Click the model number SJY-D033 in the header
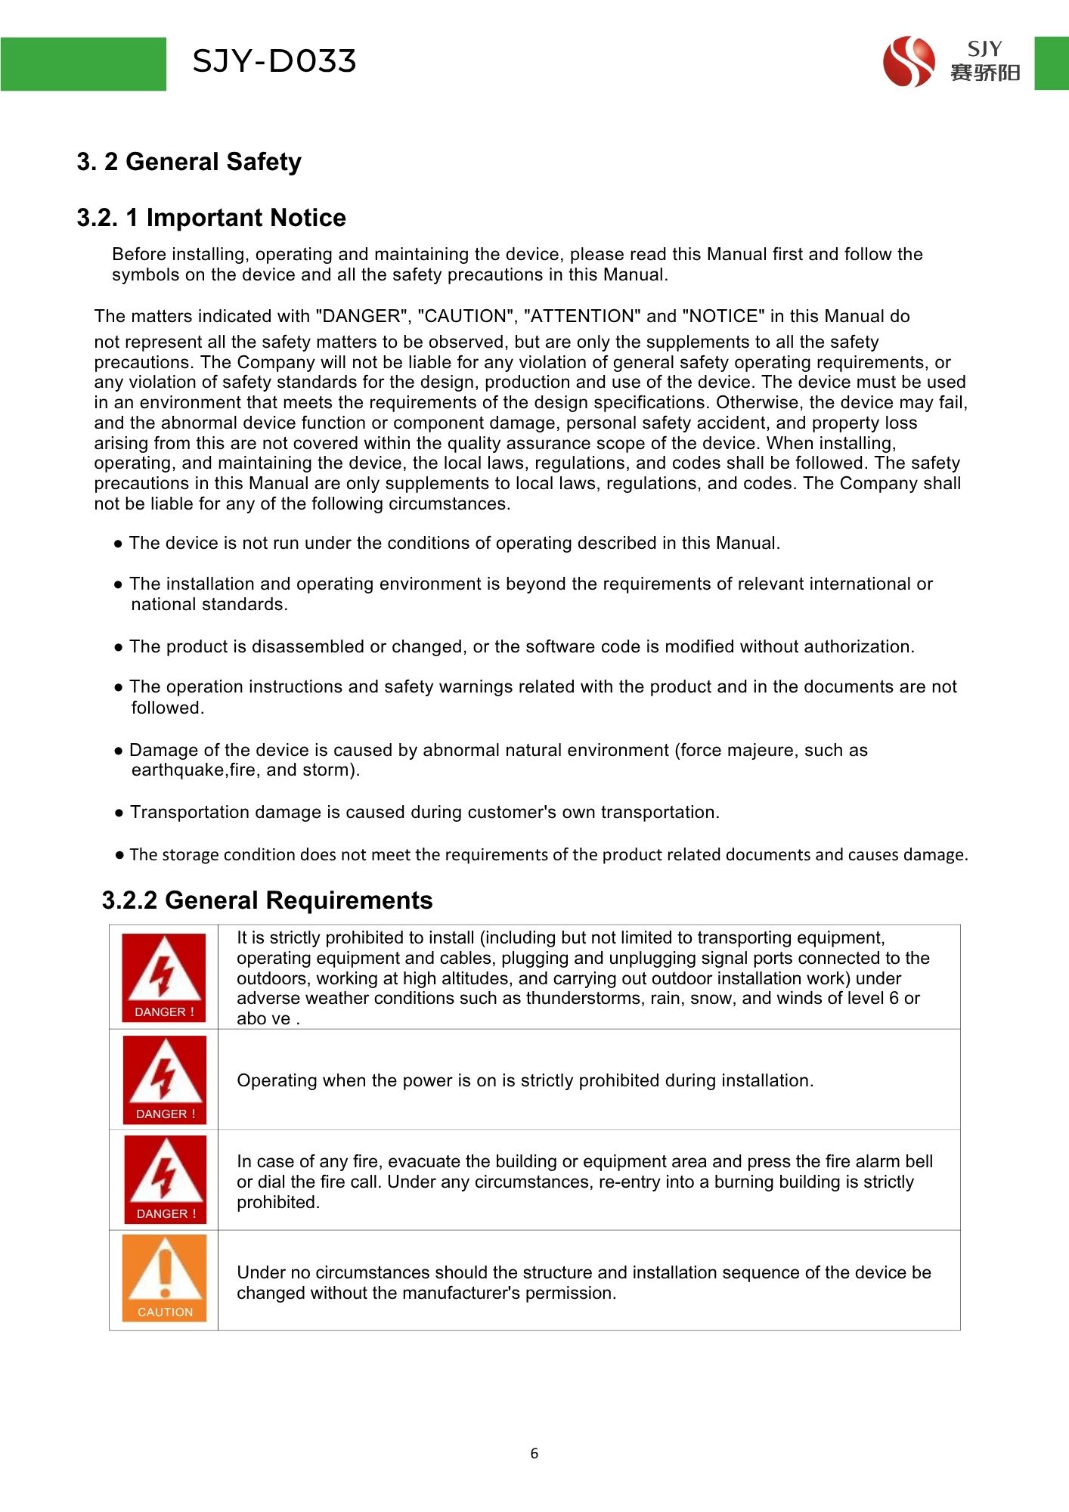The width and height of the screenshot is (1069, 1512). [274, 61]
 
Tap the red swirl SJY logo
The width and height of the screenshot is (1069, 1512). [908, 61]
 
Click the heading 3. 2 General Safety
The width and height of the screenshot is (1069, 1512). [189, 162]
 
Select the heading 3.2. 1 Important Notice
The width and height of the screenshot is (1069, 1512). [211, 218]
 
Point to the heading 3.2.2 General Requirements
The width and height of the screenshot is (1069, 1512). [267, 900]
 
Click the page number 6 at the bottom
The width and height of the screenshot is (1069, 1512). [534, 1453]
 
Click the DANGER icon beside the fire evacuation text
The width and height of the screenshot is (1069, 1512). [165, 1179]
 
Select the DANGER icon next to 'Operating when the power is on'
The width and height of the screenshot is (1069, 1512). [164, 1080]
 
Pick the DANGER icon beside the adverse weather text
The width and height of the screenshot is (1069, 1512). [163, 978]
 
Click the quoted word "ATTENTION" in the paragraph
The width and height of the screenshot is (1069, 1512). [582, 316]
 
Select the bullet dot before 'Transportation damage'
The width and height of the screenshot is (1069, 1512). [119, 813]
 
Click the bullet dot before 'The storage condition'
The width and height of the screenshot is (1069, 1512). [119, 855]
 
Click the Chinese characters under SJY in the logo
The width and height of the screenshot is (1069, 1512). [985, 73]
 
